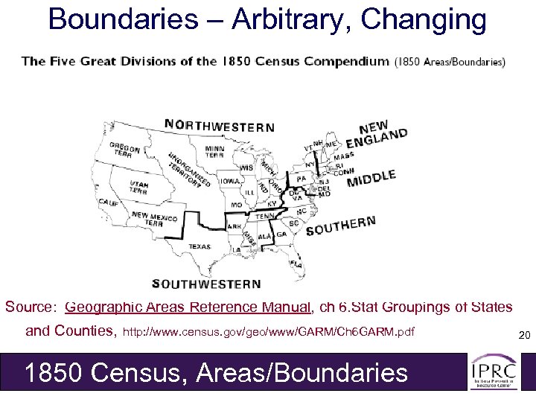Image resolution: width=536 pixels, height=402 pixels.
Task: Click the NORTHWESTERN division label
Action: point(219,126)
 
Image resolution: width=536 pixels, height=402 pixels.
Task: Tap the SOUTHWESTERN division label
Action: point(206,283)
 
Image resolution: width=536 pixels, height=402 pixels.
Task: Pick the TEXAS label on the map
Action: point(200,246)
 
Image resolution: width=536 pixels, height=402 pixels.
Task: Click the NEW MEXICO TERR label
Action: point(155,218)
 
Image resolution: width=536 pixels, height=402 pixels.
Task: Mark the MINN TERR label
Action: point(214,153)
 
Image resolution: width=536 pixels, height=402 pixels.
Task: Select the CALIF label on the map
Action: point(108,202)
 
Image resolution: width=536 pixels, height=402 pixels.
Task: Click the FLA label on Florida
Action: point(296,264)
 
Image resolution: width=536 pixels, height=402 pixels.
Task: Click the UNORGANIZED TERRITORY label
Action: point(187,172)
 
